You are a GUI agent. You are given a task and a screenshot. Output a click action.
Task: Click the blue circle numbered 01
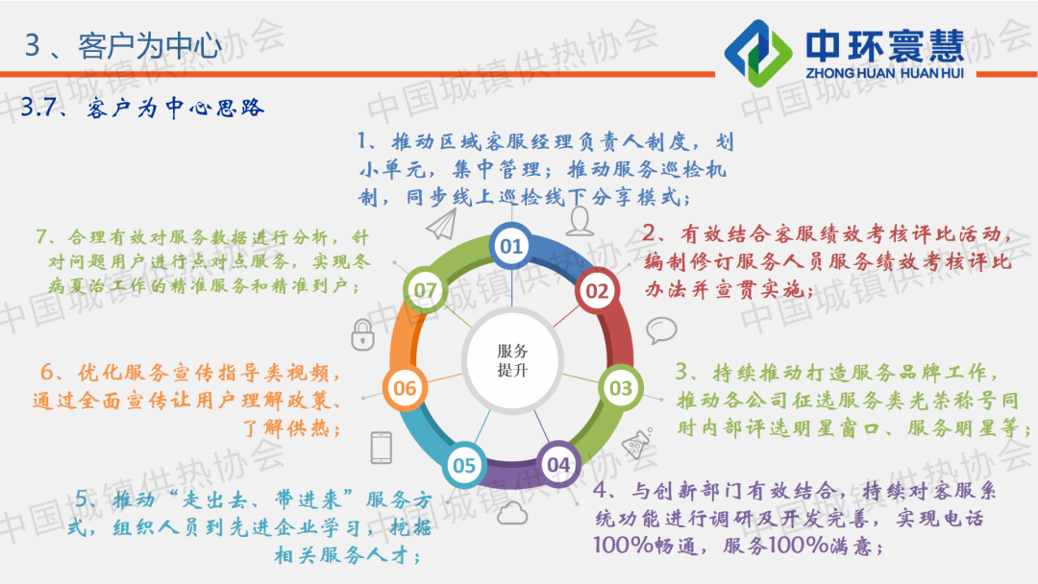(x=511, y=246)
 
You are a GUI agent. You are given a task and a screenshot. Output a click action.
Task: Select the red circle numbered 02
(x=597, y=290)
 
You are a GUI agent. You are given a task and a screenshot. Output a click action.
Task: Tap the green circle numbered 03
(x=620, y=387)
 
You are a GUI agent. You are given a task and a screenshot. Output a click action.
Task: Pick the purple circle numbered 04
(x=558, y=464)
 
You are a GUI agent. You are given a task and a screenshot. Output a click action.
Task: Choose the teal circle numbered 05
(x=464, y=465)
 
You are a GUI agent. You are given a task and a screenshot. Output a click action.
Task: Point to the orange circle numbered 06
(x=405, y=387)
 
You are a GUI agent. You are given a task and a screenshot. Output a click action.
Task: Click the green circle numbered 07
(x=425, y=290)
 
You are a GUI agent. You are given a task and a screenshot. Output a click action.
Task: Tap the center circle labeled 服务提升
(x=512, y=360)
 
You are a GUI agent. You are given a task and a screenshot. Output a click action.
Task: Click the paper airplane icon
(x=441, y=224)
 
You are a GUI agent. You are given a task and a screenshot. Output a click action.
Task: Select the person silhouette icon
(x=580, y=221)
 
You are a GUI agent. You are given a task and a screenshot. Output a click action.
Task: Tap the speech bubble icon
(x=661, y=330)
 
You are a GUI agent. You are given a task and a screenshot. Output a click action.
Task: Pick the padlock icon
(x=362, y=334)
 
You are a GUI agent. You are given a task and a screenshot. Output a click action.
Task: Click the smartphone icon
(x=382, y=448)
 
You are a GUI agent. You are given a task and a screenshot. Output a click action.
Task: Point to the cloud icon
(x=511, y=513)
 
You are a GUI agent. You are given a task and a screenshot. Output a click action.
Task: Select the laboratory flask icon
(x=637, y=443)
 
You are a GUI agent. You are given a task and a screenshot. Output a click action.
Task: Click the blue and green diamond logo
(x=758, y=53)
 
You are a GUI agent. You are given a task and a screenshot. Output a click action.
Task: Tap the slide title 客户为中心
(x=150, y=46)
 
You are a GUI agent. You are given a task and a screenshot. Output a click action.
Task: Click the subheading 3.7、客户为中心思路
(x=142, y=108)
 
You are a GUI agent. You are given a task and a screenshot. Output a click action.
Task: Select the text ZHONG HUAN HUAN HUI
(x=884, y=73)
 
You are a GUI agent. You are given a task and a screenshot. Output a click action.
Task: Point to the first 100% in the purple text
(x=623, y=545)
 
